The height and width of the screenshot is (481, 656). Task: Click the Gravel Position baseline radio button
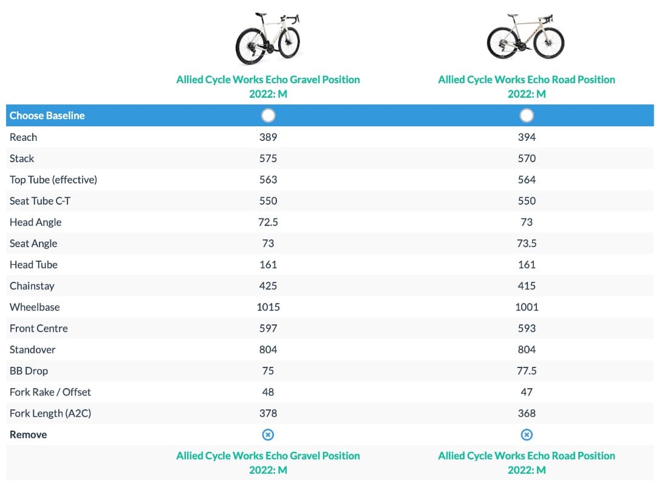tap(268, 115)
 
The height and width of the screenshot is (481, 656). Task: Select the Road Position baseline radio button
tap(527, 115)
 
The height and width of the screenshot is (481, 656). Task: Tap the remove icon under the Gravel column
tap(268, 435)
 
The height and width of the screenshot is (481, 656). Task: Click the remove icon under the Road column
tap(527, 435)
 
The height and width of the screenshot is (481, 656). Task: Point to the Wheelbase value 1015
tap(268, 307)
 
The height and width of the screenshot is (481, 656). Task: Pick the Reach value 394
tap(527, 137)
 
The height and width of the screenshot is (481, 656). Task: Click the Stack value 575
tap(268, 159)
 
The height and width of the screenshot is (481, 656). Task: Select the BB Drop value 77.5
tap(527, 371)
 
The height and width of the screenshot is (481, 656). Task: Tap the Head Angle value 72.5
tap(268, 222)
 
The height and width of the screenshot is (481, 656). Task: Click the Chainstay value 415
tap(527, 286)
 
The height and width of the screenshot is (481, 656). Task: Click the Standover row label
tap(33, 350)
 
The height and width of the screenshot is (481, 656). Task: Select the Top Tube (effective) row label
tap(53, 180)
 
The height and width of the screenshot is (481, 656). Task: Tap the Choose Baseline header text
tap(47, 115)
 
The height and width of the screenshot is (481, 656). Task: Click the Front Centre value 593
tap(527, 329)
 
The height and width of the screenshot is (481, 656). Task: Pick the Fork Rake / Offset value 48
tap(268, 392)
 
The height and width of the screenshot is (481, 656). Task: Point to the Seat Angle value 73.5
tap(527, 244)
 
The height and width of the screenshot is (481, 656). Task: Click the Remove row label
tap(28, 435)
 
